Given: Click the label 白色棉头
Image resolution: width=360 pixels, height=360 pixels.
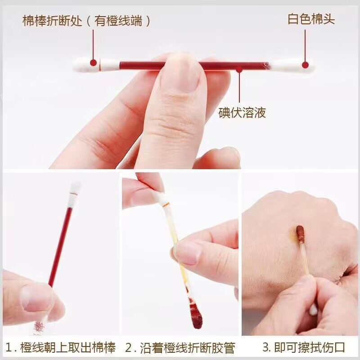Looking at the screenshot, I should [x=311, y=20].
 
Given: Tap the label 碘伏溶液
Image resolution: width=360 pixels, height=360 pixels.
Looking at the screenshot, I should [x=242, y=112].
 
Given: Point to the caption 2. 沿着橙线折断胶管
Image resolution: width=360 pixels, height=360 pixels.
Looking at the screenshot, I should [x=180, y=347].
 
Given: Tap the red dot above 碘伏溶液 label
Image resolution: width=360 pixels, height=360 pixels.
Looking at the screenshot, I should [x=239, y=69].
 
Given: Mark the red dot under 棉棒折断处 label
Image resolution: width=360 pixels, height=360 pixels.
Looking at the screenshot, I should [x=93, y=63].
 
